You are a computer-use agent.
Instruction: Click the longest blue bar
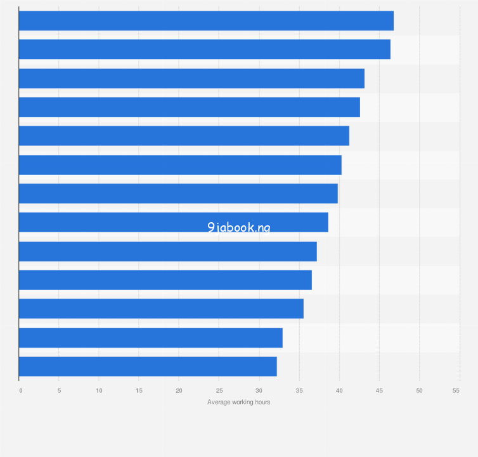[206, 21]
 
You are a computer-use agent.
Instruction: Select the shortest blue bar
[148, 366]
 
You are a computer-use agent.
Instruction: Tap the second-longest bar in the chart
[204, 50]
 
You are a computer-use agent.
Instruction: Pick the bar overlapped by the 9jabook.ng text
[173, 222]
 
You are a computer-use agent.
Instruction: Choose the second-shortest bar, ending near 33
[150, 338]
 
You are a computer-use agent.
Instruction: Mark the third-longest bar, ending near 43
[191, 79]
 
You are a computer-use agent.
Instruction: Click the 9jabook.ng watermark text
[238, 227]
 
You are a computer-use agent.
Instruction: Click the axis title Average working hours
[238, 402]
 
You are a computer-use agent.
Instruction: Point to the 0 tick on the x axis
[20, 390]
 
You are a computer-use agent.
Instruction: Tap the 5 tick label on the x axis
[59, 390]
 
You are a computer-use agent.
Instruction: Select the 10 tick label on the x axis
[99, 390]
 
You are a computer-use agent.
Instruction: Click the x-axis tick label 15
[139, 390]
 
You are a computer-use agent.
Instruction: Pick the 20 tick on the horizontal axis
[179, 390]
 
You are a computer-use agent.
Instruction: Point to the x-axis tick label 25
[219, 390]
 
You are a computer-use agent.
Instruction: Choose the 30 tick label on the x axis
[259, 390]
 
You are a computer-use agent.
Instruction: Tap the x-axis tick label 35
[299, 390]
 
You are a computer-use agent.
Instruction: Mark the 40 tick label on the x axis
[339, 390]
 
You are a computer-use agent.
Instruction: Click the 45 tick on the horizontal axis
[378, 390]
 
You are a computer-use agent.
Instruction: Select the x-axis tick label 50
[419, 390]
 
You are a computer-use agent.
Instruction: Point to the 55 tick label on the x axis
[456, 390]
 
